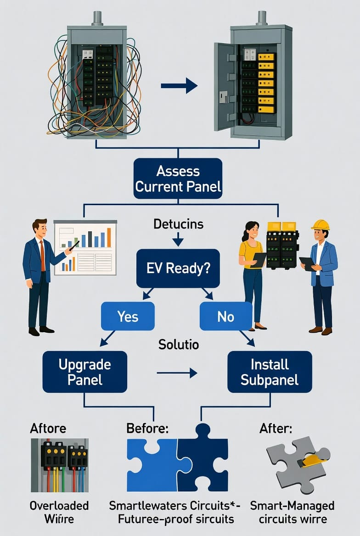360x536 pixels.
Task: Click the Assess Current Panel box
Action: tap(178, 179)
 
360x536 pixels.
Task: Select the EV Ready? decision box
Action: tap(178, 268)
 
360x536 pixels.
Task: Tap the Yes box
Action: tap(128, 317)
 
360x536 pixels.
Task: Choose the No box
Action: tap(225, 317)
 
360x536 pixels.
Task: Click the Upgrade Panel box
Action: tap(84, 372)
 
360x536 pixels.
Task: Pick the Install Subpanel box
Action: tap(270, 372)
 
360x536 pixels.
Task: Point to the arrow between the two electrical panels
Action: tap(179, 85)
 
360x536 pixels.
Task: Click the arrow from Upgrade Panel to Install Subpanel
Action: tap(177, 373)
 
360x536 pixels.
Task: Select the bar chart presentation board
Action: tap(85, 247)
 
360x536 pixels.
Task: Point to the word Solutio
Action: tap(179, 344)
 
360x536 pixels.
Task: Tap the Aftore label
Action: tap(48, 428)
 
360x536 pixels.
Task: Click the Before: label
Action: tap(147, 428)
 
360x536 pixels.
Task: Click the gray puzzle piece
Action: tap(294, 463)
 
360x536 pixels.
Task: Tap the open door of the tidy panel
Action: tap(224, 86)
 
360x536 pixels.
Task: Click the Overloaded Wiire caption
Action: tap(59, 512)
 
